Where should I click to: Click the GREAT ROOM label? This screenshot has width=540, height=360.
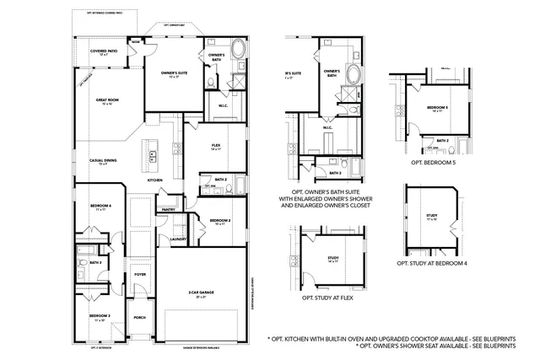[x=108, y=100]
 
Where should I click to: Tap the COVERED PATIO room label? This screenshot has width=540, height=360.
[x=105, y=51]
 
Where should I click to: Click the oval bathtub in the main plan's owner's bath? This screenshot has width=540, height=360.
[x=240, y=48]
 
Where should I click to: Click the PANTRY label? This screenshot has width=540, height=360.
[x=168, y=209]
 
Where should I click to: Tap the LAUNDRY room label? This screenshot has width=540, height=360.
[x=177, y=239]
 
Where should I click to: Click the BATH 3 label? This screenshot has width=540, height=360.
[x=95, y=263]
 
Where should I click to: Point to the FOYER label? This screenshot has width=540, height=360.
[x=140, y=274]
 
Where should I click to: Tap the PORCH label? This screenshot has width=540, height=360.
[x=140, y=317]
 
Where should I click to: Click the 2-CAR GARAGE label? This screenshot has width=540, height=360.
[x=201, y=293]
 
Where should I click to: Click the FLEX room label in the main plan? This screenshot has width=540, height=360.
[x=215, y=147]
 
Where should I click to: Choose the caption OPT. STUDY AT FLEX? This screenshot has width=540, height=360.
[x=324, y=298]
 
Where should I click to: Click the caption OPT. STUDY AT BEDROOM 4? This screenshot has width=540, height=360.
[x=433, y=263]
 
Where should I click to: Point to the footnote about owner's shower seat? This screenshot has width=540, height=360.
[x=436, y=346]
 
